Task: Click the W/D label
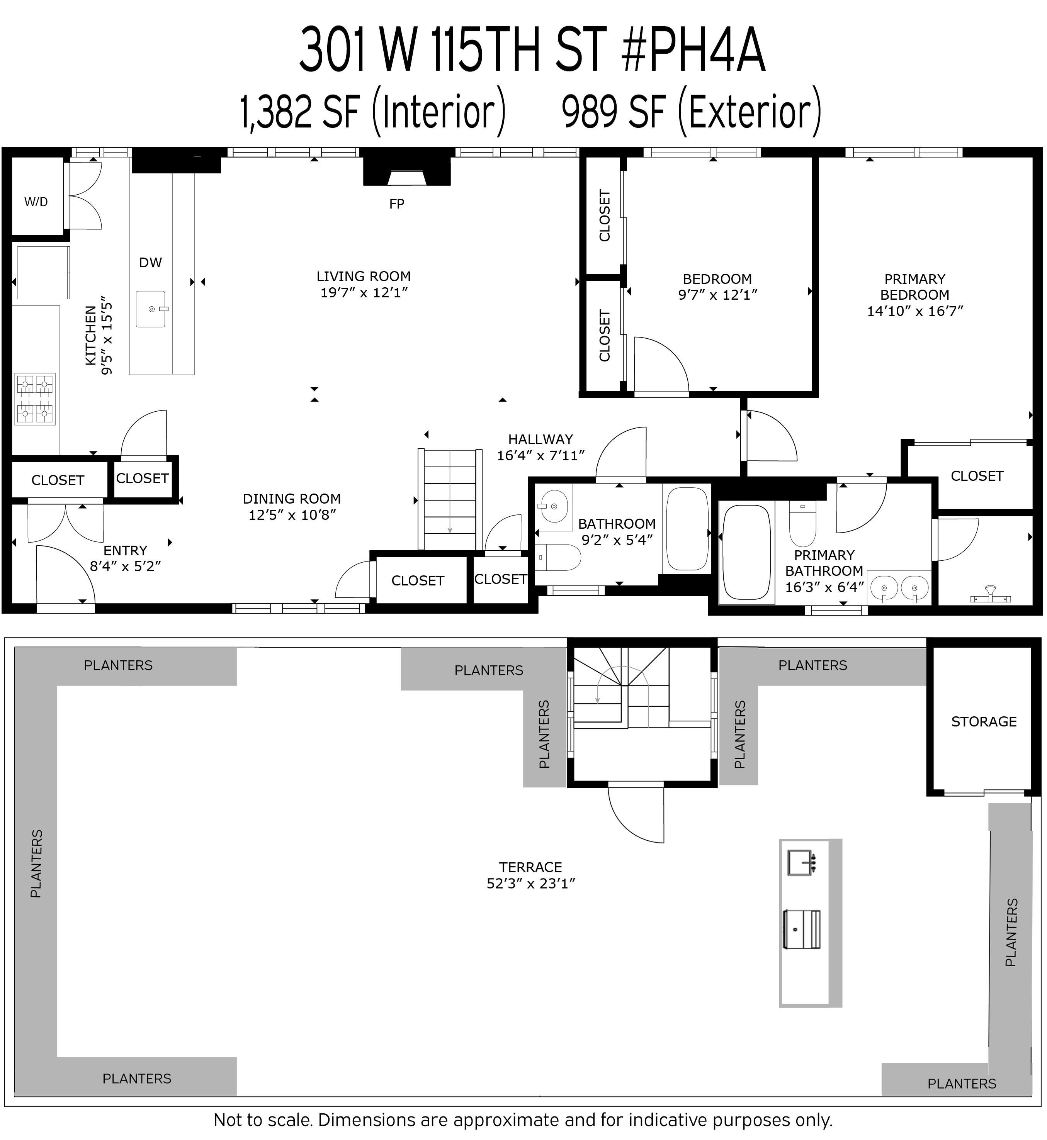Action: (x=36, y=202)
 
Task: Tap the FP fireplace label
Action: (x=397, y=204)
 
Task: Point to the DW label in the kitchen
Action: (x=150, y=262)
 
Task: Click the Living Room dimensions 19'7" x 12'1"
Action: (x=364, y=293)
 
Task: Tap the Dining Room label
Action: (x=292, y=499)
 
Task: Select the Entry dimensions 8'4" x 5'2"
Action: (x=125, y=566)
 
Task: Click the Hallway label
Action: (x=540, y=439)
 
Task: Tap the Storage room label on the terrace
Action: (x=984, y=721)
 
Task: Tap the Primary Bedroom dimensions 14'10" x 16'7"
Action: (x=915, y=311)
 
